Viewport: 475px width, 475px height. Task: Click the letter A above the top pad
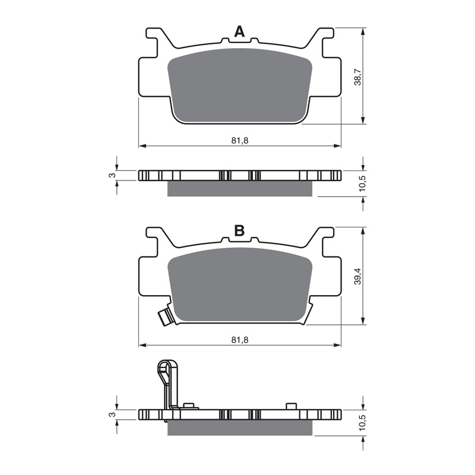tap(239, 32)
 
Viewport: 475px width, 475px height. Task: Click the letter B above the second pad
tap(239, 231)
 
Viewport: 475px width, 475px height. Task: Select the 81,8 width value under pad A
tap(240, 140)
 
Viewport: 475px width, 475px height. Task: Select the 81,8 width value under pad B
tap(240, 339)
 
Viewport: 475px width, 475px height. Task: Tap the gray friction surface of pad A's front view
tap(240, 86)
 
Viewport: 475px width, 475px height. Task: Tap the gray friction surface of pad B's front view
tap(240, 285)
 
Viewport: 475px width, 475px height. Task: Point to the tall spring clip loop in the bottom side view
tap(167, 380)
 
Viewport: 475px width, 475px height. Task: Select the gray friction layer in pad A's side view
tap(240, 188)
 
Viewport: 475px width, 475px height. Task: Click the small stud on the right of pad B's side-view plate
tap(291, 406)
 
